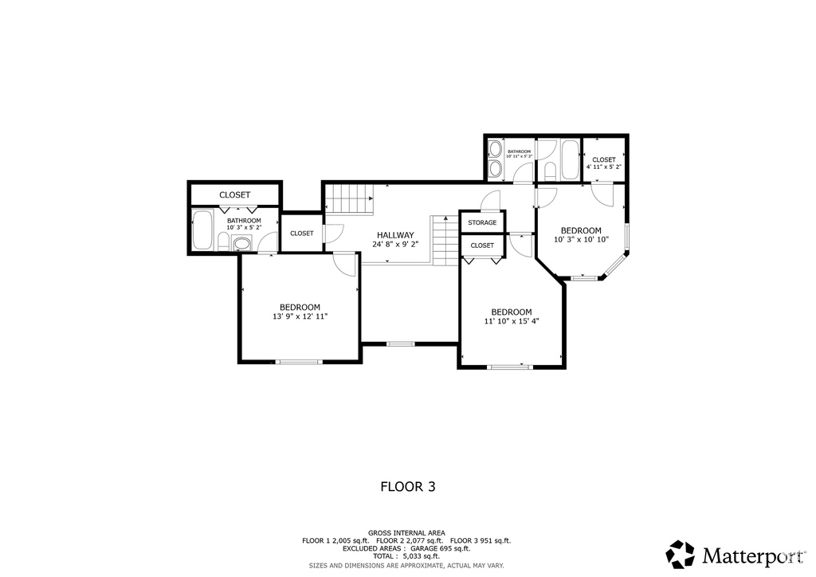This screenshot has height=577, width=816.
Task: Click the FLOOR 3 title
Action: point(408,486)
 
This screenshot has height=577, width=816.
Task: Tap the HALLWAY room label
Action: point(395,235)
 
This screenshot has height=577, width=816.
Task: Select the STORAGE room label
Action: point(482,222)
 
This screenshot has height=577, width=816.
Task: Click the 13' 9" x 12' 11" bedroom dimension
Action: point(300,316)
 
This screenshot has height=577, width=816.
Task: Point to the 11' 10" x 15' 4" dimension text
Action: point(512,321)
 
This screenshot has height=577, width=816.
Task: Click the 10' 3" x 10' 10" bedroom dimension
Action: point(581,239)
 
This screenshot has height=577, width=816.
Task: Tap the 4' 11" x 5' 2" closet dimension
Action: point(604,167)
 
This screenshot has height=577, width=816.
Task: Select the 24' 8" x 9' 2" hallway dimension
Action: point(395,244)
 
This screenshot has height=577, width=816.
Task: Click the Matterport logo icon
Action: point(681,554)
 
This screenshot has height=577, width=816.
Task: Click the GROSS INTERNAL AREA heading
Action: point(406,533)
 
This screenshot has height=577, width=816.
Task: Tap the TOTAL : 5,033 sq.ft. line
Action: point(406,556)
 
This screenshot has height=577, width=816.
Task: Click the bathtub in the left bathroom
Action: point(202,230)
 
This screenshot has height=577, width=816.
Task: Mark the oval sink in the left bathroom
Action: point(241,244)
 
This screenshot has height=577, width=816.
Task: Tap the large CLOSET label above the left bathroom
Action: point(235,195)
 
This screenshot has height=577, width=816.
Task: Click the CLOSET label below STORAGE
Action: point(482,245)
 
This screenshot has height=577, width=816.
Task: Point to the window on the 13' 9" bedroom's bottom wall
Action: point(300,362)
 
